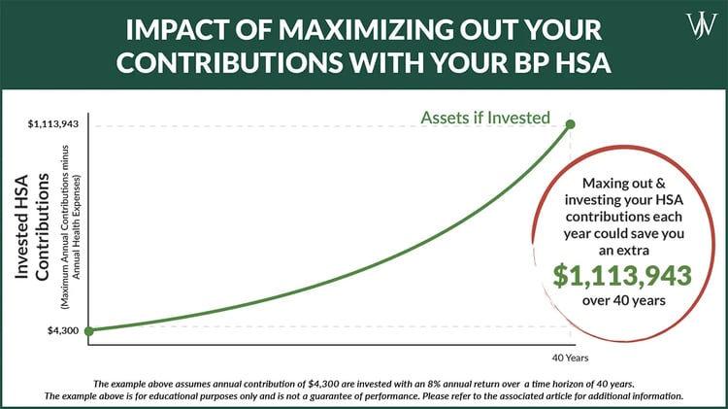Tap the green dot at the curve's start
coord(89,330)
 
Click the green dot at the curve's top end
coord(570,123)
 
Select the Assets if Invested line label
coord(485,119)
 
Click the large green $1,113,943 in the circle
coord(622,275)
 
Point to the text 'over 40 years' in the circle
coord(622,301)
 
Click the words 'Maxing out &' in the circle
coord(622,184)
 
